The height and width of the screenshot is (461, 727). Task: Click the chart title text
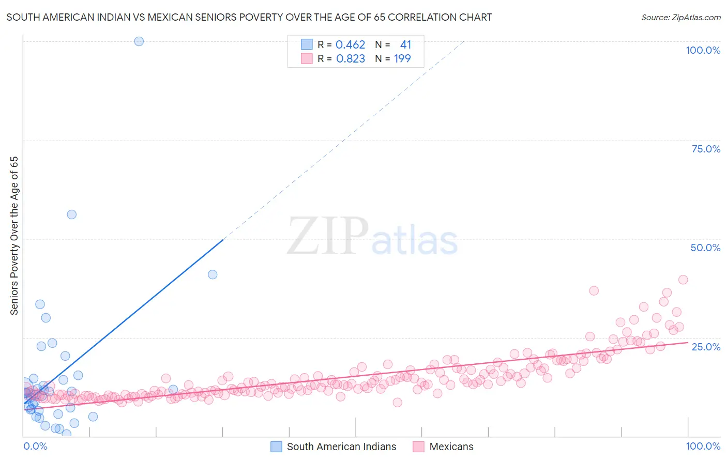[x=249, y=17]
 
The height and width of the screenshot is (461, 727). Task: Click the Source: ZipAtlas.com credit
[x=680, y=17]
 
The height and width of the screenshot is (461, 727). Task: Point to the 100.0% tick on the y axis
[x=703, y=50]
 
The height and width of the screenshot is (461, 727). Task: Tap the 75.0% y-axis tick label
[x=706, y=149]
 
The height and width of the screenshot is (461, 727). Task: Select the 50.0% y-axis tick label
[x=705, y=248]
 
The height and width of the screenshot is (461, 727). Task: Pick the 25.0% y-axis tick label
[x=706, y=347]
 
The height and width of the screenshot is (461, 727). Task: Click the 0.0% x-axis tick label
[x=35, y=446]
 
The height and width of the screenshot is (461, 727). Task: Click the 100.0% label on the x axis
[x=703, y=446]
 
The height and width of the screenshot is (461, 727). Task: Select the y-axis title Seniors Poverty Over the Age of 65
[x=14, y=235]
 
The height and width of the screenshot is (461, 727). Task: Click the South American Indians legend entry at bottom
[x=341, y=447]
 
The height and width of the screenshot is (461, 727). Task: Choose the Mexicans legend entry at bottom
[x=451, y=447]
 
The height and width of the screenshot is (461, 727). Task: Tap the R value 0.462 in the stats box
[x=350, y=45]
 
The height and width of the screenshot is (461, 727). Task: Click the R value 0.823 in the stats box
[x=350, y=59]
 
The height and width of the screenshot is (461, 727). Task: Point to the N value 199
[x=402, y=59]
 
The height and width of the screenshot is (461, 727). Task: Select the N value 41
[x=405, y=45]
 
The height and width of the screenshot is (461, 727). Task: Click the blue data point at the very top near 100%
[x=139, y=41]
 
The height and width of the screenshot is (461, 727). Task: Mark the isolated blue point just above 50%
[x=72, y=214]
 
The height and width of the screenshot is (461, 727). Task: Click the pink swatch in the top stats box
[x=307, y=59]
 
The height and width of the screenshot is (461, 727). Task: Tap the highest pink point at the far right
[x=683, y=280]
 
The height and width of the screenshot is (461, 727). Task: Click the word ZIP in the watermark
[x=327, y=236]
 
